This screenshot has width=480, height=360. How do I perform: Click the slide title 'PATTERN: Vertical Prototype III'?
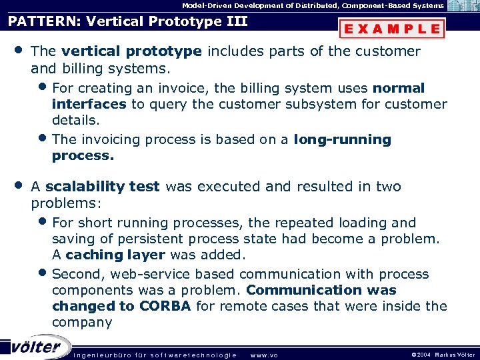[127, 21]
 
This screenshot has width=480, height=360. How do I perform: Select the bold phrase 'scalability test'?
[103, 187]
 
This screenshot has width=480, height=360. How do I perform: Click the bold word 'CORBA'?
[165, 306]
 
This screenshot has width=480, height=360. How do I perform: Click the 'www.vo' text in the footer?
[263, 355]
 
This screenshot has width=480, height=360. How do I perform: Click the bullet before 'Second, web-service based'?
[43, 273]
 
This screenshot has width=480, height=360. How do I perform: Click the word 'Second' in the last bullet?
[75, 274]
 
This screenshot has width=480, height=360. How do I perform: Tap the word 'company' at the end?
[82, 323]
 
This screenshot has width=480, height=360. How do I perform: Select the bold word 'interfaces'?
[89, 104]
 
